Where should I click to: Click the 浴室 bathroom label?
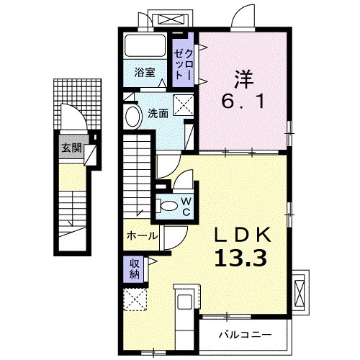145,72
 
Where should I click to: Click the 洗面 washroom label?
158,113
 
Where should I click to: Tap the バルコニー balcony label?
246,335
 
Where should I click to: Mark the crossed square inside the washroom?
183,106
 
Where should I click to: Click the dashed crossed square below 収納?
135,299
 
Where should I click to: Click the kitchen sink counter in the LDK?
183,307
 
